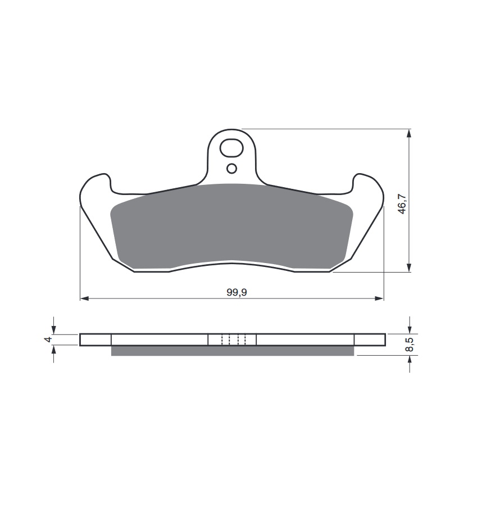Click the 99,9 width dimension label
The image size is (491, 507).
237,292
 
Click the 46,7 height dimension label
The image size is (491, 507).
402,204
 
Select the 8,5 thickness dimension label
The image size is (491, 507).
410,345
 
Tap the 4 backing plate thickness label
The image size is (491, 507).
48,339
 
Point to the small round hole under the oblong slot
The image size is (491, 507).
232,169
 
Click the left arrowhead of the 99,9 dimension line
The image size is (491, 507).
84,298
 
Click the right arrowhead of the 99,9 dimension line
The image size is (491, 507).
379,298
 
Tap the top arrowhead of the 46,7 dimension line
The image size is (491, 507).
409,134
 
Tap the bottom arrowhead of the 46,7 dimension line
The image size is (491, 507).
409,268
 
